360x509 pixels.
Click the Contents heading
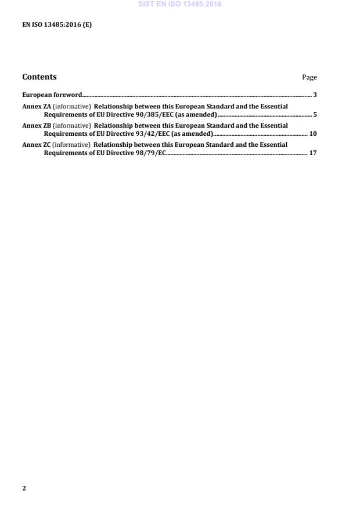tap(39, 77)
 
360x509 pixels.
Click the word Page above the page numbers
tap(309, 77)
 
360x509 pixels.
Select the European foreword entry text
tap(52, 94)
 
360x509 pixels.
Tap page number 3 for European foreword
tap(315, 94)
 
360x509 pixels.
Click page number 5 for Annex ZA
tap(315, 114)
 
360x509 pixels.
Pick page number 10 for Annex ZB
tap(313, 133)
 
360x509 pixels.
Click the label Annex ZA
tap(37, 106)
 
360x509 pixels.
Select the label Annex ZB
tap(37, 125)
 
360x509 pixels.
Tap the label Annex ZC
tap(37, 145)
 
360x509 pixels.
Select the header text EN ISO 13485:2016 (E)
tap(57, 25)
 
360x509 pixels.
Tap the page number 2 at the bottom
tap(24, 488)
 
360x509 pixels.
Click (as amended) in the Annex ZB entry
tap(192, 133)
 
